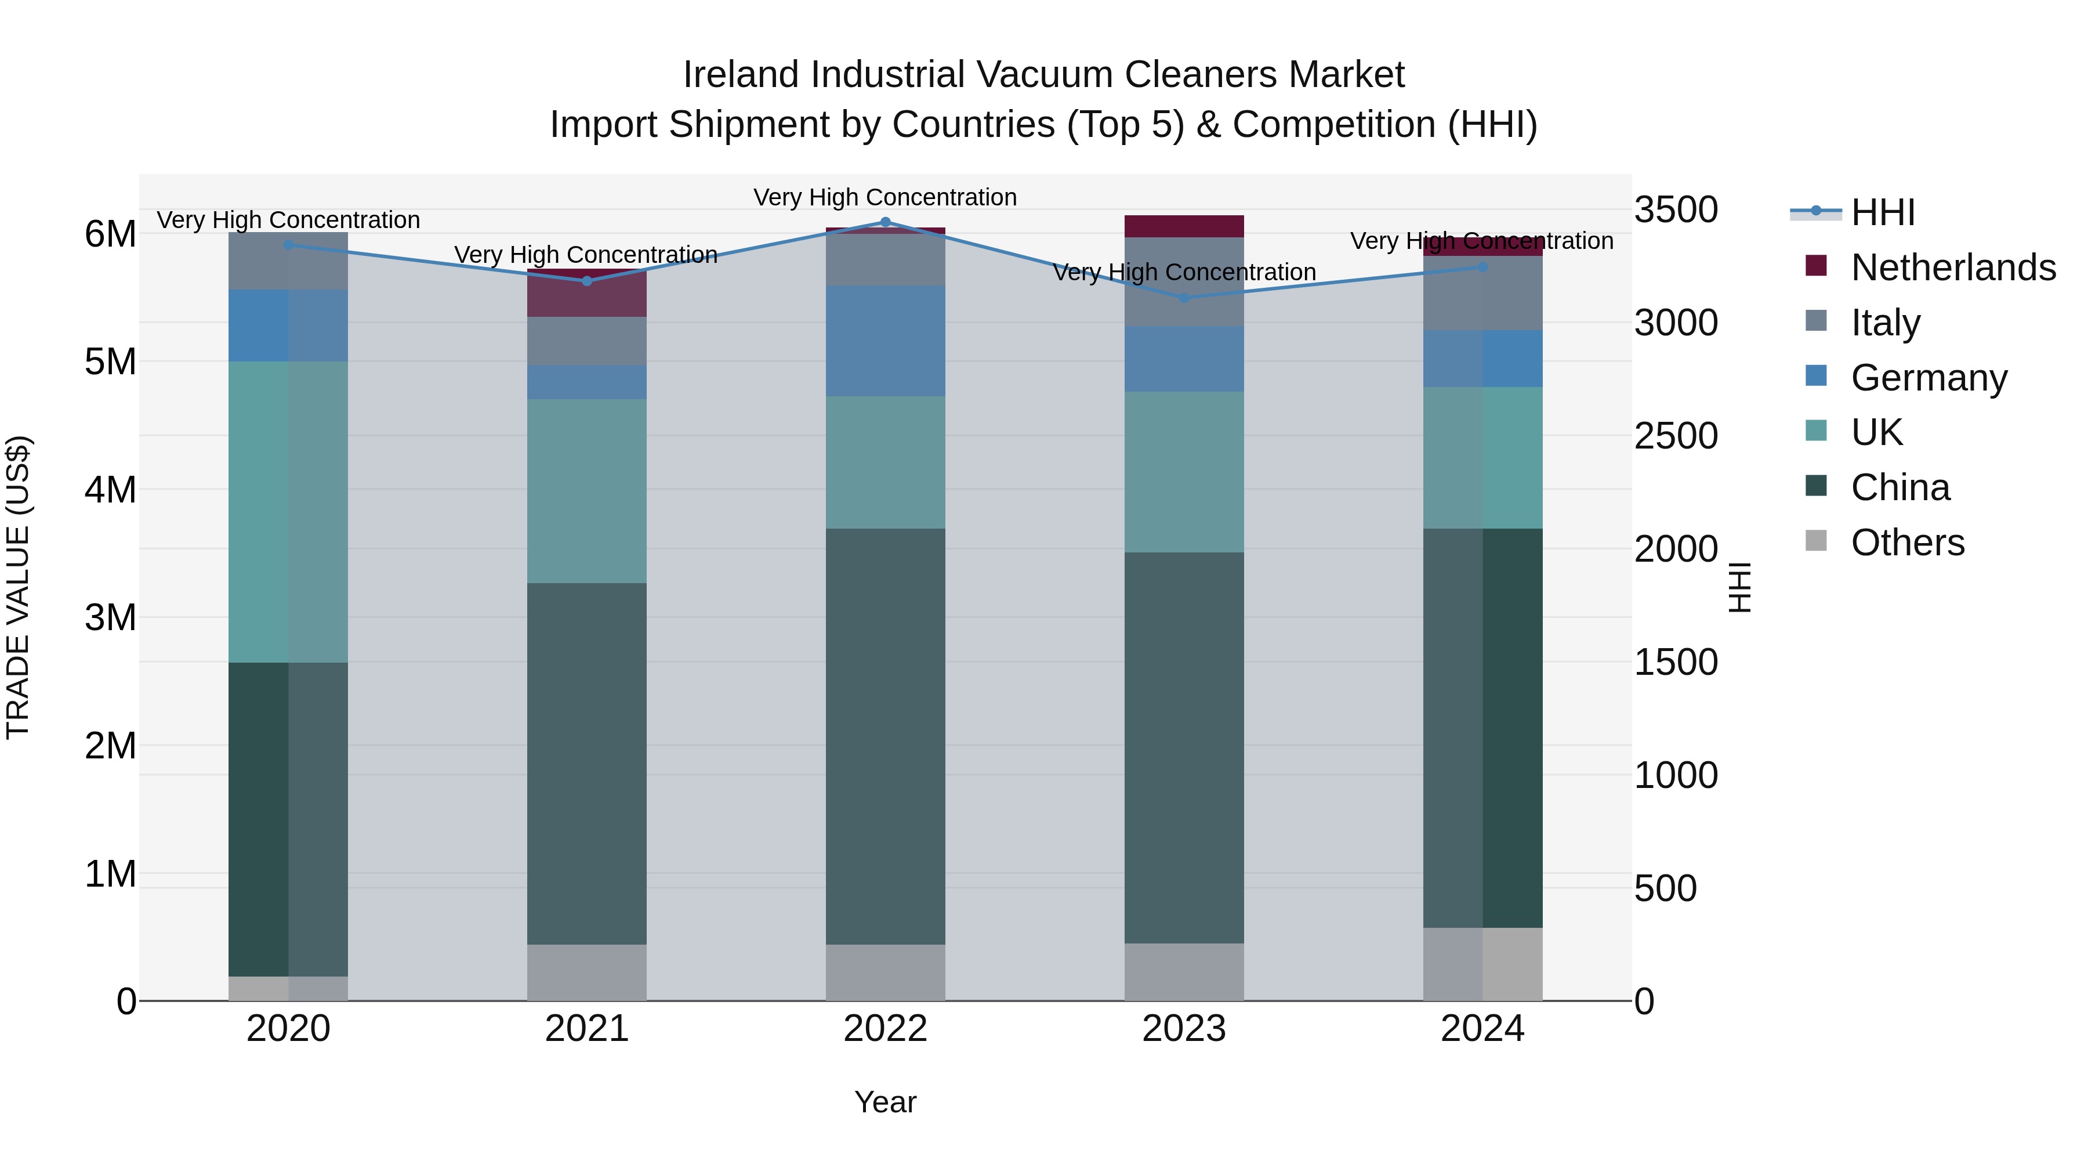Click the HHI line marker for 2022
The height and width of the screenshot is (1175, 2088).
[x=885, y=222]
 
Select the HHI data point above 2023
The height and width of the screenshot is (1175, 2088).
[x=1184, y=298]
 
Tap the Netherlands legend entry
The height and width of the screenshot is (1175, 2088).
[x=1953, y=267]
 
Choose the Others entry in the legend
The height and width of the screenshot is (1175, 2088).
[x=1907, y=543]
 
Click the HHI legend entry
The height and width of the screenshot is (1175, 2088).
[x=1882, y=212]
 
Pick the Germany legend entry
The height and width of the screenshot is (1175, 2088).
[x=1928, y=378]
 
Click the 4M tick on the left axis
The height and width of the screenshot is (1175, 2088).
[x=110, y=490]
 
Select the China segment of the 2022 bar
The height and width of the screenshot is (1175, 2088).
[x=885, y=736]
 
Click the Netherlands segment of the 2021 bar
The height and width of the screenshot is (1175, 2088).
[x=587, y=294]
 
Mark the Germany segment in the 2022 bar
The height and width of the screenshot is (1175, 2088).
[x=885, y=341]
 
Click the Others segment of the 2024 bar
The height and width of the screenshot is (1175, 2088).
[x=1482, y=964]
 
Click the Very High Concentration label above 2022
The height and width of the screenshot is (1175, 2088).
[x=885, y=197]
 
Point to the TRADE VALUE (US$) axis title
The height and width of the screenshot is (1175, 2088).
[x=18, y=587]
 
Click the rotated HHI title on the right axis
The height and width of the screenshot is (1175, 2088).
[x=1739, y=587]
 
